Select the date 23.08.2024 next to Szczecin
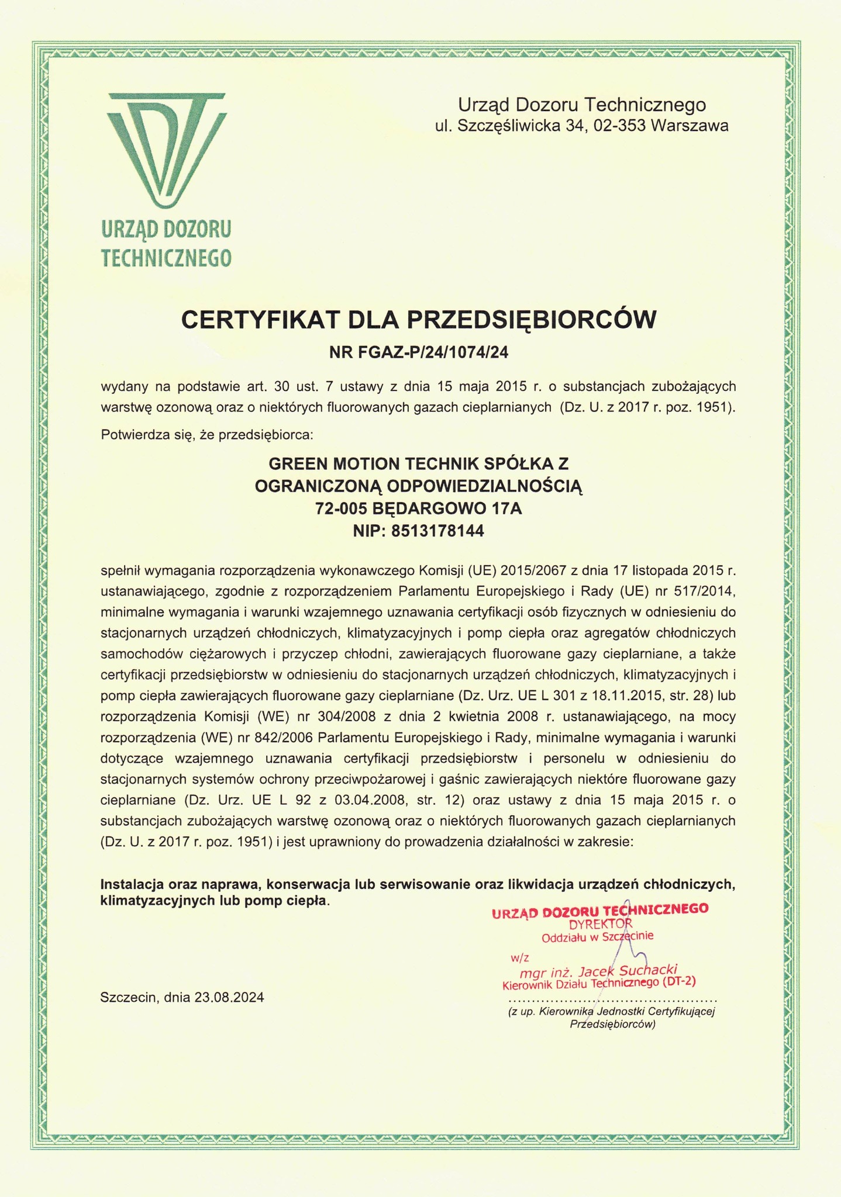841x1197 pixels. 229,998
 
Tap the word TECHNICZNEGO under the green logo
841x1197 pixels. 166,258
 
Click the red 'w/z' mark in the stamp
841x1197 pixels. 519,958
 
